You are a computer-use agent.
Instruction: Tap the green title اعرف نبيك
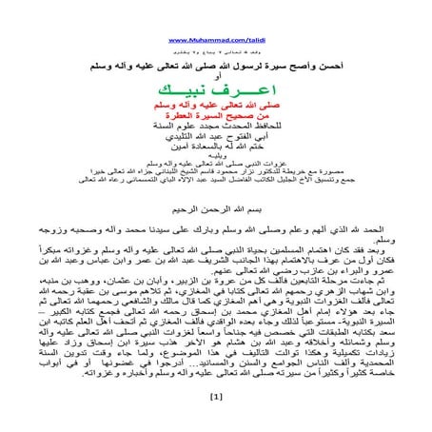(x=216, y=87)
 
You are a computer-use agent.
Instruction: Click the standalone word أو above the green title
(x=216, y=74)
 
